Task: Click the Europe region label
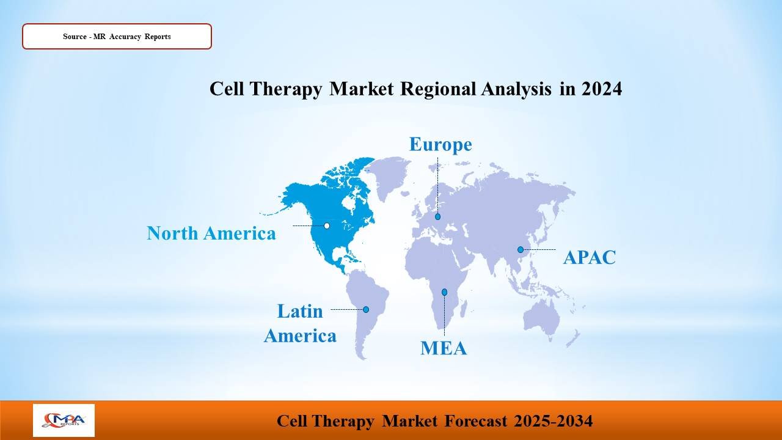[440, 145]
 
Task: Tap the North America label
[211, 233]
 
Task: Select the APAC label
[590, 257]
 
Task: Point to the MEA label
[444, 348]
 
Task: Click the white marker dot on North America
[327, 226]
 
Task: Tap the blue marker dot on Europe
[438, 216]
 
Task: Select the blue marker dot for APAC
[521, 250]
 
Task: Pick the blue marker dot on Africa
[444, 292]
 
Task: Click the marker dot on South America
[366, 309]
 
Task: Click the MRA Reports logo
[64, 420]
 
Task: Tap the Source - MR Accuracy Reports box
[117, 36]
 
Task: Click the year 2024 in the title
[602, 89]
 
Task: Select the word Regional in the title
[438, 89]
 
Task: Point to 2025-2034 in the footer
[553, 421]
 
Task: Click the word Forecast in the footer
[476, 421]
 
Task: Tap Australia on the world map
[541, 318]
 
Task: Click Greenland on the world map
[387, 177]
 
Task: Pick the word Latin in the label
[300, 311]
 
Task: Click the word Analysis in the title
[517, 89]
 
